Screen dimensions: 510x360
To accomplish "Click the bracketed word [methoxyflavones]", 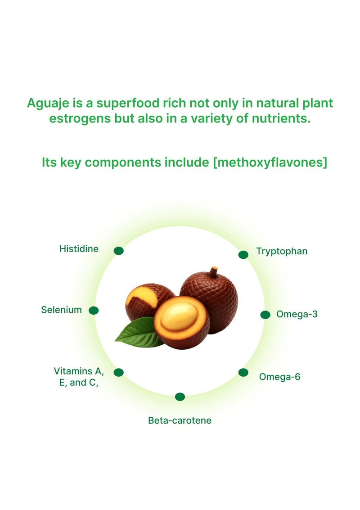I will [270, 162].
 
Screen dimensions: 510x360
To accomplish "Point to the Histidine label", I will [79, 249].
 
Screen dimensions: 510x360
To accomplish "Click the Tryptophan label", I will [282, 251].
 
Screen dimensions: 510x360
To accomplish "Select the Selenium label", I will [61, 310].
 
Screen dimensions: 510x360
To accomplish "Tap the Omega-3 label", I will [297, 314].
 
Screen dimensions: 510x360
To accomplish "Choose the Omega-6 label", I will [279, 377].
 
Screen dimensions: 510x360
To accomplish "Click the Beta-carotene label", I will [180, 421].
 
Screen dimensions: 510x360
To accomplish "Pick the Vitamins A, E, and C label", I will [79, 377].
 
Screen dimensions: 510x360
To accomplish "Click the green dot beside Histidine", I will [119, 251].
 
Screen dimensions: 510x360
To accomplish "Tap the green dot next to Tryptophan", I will [243, 255].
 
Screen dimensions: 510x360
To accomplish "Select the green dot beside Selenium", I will [94, 310].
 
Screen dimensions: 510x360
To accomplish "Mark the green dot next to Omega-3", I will [265, 315].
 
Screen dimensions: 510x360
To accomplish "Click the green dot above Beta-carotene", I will [180, 397].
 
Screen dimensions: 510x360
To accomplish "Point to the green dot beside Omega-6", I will [243, 372].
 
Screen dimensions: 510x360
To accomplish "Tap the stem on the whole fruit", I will [214, 271].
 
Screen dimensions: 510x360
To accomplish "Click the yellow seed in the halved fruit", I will [179, 316].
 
